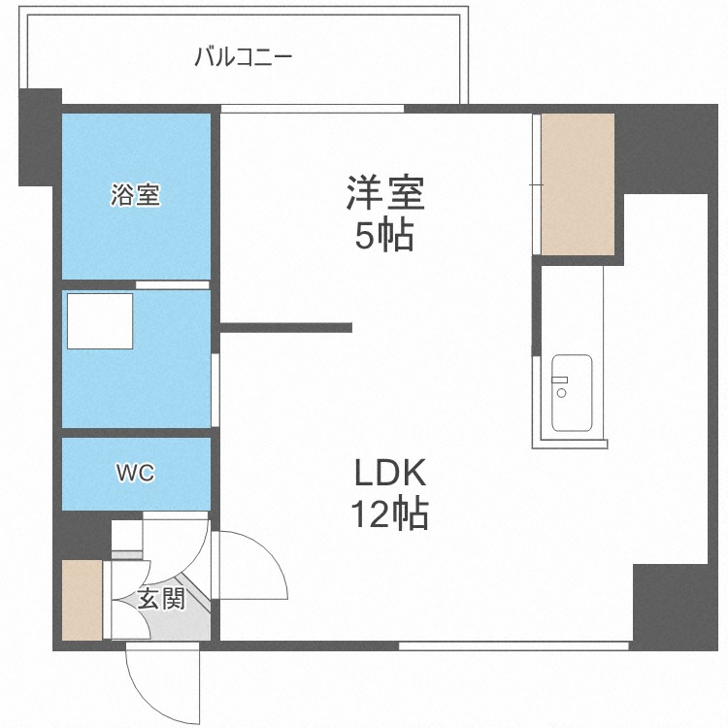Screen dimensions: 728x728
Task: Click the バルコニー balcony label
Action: point(243,55)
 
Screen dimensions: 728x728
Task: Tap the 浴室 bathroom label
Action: point(135,195)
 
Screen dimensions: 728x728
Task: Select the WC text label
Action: point(135,473)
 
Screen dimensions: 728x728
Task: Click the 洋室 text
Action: point(384,193)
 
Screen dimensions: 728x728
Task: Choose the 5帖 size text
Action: point(384,236)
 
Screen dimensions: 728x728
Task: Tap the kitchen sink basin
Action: point(573,393)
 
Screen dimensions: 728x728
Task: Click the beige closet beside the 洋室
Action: point(578,183)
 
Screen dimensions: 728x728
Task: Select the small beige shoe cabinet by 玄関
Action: point(82,600)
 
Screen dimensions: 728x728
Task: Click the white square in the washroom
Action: point(100,321)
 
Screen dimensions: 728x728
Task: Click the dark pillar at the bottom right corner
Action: point(670,607)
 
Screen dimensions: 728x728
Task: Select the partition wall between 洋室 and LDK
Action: point(286,328)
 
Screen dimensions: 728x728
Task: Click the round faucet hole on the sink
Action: point(561,393)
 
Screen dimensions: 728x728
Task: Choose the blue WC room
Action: point(136,474)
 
